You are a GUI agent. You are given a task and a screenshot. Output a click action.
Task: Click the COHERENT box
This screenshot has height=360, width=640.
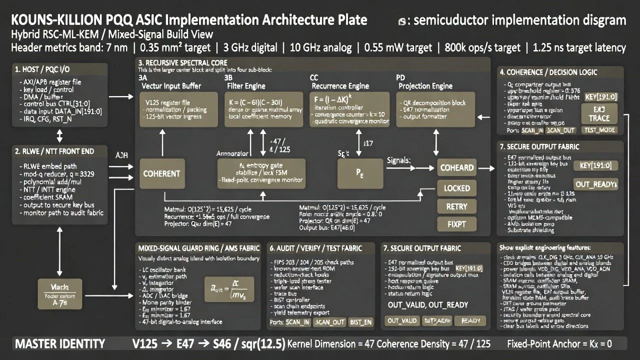pyautogui.click(x=161, y=173)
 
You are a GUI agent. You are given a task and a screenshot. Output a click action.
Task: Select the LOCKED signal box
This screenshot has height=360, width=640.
pyautogui.click(x=456, y=188)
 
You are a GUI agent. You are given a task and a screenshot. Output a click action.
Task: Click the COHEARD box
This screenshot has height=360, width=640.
pyautogui.click(x=456, y=168)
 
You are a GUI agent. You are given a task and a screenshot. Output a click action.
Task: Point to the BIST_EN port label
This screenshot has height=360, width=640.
pyautogui.click(x=360, y=322)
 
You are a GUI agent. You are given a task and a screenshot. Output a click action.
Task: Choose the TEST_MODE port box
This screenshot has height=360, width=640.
pyautogui.click(x=600, y=130)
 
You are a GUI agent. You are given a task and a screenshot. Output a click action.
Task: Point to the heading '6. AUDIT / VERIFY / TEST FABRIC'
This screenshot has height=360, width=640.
pyautogui.click(x=322, y=248)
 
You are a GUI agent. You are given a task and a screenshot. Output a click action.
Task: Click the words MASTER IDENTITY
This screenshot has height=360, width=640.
pyautogui.click(x=60, y=343)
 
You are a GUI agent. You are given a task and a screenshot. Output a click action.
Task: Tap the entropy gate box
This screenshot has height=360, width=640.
pyautogui.click(x=260, y=173)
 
